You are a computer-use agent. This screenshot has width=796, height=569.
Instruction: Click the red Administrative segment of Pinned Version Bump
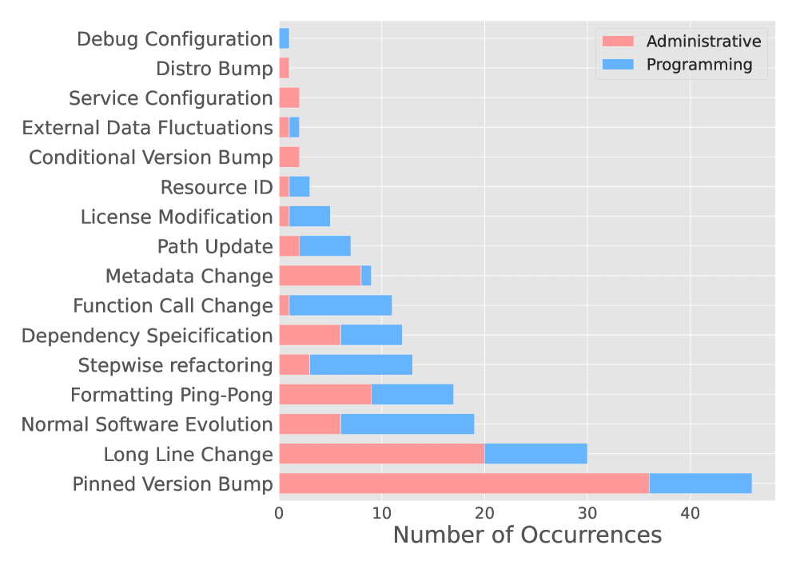pyautogui.click(x=464, y=483)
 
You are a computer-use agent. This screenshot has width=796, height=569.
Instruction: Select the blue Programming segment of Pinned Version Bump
pyautogui.click(x=700, y=483)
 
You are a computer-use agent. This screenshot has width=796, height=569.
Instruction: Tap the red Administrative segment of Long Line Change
pyautogui.click(x=381, y=454)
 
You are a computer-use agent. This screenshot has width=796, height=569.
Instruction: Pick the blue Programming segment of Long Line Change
pyautogui.click(x=535, y=454)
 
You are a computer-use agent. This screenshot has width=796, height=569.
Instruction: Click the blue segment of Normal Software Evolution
pyautogui.click(x=407, y=424)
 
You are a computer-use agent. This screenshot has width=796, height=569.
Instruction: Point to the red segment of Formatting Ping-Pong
pyautogui.click(x=324, y=395)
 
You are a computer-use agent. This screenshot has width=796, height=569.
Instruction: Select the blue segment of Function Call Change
pyautogui.click(x=340, y=305)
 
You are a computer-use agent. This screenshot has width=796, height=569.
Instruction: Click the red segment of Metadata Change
pyautogui.click(x=320, y=276)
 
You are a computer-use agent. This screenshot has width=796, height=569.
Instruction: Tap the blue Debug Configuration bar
pyautogui.click(x=284, y=38)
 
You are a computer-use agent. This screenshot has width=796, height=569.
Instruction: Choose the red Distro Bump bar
pyautogui.click(x=284, y=68)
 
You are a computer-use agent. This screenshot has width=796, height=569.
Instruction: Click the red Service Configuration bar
pyautogui.click(x=289, y=97)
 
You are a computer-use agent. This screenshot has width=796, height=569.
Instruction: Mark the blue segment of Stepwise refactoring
pyautogui.click(x=360, y=365)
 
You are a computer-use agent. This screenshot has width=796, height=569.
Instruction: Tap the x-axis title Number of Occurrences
pyautogui.click(x=527, y=535)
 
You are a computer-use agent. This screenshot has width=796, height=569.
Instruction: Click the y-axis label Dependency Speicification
pyautogui.click(x=147, y=336)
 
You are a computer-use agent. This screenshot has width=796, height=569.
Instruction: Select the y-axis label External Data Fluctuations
pyautogui.click(x=147, y=128)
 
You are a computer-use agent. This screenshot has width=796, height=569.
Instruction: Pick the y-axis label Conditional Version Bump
pyautogui.click(x=151, y=157)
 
